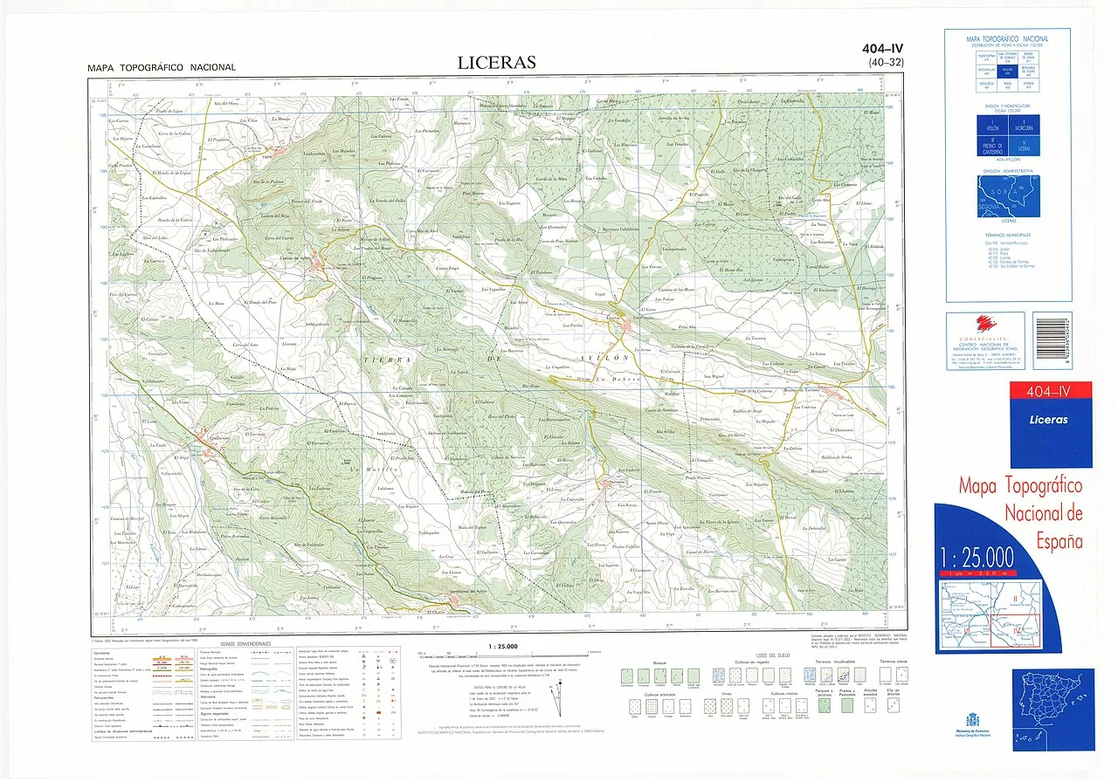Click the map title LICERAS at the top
(x=497, y=63)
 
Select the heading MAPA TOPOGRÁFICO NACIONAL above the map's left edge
(x=162, y=68)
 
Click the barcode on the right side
(x=1051, y=333)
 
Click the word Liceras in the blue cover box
(x=1049, y=420)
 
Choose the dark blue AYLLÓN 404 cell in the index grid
(x=1007, y=69)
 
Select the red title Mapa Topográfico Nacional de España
(x=1019, y=513)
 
